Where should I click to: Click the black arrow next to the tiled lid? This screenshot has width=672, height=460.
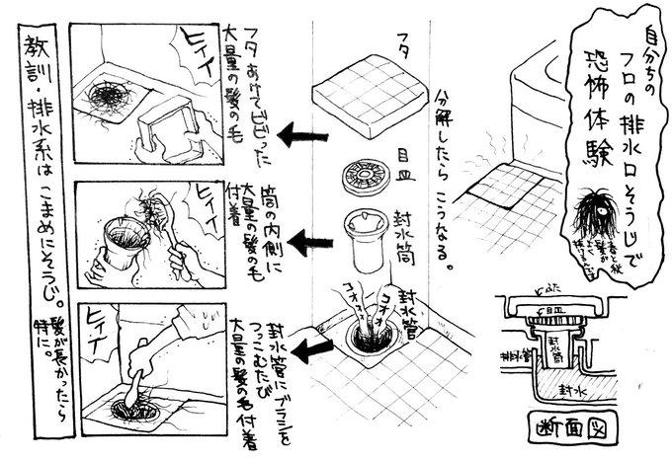tap(298, 132)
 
